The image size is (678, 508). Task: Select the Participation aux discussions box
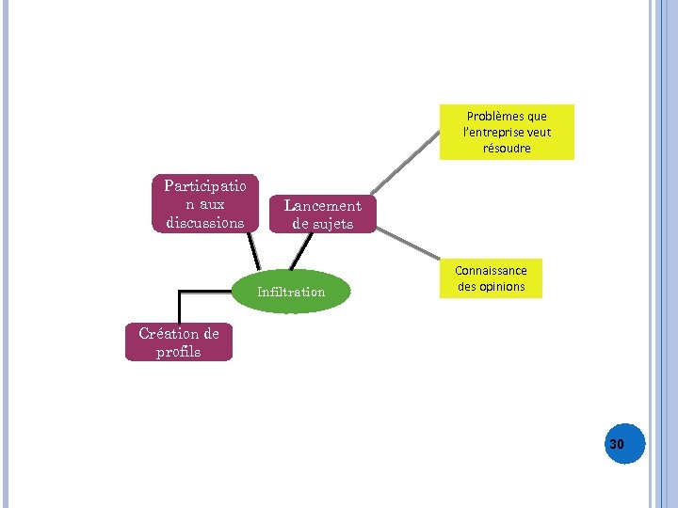[204, 204]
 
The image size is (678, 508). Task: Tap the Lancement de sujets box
[322, 214]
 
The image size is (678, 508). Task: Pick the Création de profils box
[178, 342]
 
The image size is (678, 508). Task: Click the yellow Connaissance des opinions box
[491, 278]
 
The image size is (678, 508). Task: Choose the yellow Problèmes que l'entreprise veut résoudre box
[507, 133]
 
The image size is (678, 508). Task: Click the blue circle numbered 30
[619, 442]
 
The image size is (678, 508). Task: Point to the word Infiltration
[291, 292]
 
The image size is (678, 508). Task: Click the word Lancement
[322, 206]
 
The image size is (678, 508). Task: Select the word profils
[178, 352]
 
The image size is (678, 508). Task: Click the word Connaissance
[491, 271]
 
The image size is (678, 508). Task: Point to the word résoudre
[507, 149]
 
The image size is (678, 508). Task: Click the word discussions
[204, 223]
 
